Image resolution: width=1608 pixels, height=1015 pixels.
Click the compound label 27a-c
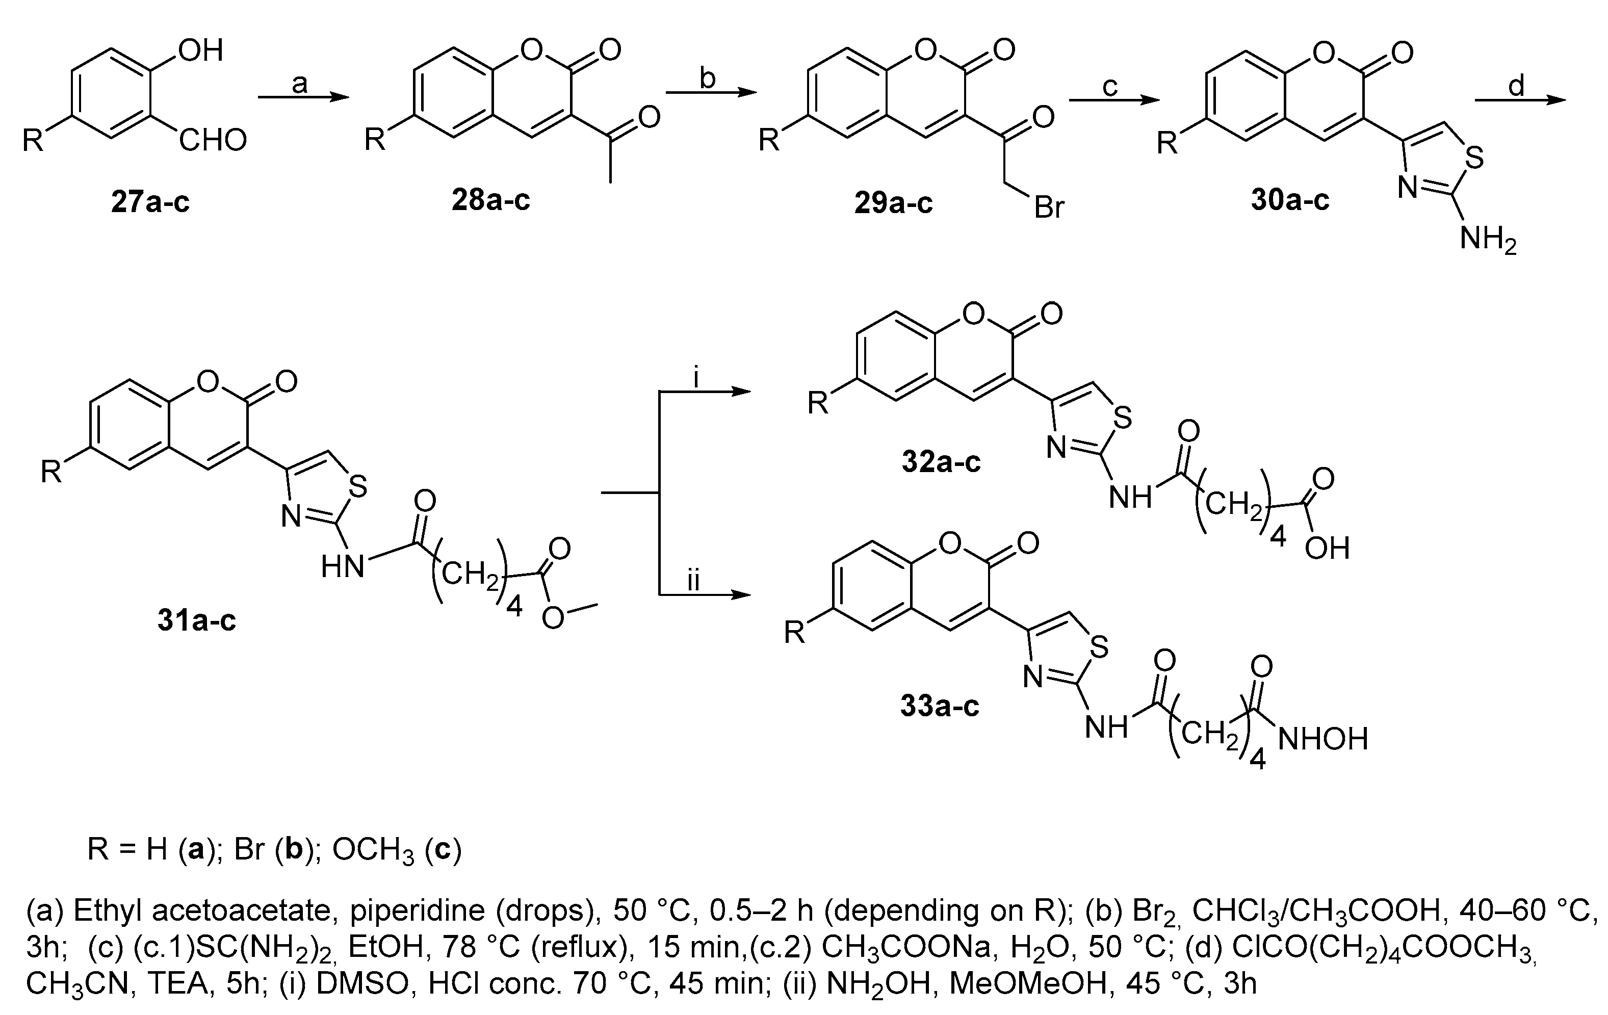click(150, 201)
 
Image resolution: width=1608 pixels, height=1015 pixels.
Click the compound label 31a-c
click(196, 620)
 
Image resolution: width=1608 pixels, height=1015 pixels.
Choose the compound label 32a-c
click(940, 461)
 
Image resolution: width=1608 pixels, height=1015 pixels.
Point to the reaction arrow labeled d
click(1519, 100)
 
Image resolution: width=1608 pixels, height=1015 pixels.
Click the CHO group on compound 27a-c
click(213, 141)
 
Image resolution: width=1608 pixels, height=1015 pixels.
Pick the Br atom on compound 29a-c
click(1048, 207)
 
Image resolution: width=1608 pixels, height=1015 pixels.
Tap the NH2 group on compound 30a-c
click(1488, 239)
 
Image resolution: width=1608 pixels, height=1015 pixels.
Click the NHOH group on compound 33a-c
click(1322, 739)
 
